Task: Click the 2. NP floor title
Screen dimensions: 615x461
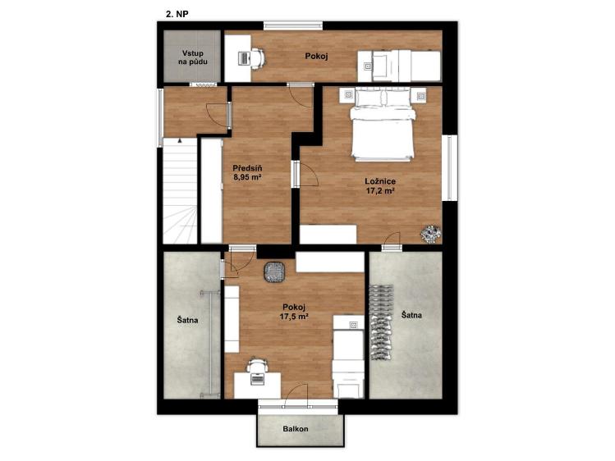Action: [177, 14]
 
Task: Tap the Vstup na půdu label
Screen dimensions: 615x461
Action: [193, 57]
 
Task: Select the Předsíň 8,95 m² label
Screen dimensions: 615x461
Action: [247, 172]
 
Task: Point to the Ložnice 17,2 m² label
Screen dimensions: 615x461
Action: [379, 186]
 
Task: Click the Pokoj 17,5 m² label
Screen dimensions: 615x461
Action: [294, 313]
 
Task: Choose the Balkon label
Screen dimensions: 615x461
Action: [296, 429]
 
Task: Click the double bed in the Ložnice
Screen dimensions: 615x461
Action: [383, 126]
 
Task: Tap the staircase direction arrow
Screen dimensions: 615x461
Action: [180, 139]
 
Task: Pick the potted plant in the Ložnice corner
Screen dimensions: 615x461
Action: [430, 234]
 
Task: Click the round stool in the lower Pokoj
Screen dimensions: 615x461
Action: [274, 272]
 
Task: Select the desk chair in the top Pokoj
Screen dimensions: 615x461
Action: [258, 59]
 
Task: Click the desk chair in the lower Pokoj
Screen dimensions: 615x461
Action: [257, 366]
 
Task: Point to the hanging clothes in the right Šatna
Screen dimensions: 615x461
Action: [380, 322]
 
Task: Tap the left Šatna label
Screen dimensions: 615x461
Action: [187, 320]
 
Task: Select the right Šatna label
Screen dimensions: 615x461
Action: [411, 315]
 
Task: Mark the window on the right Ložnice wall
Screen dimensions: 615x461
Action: [449, 167]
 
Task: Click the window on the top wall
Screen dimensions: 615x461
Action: [293, 25]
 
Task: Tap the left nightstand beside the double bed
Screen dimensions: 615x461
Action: [348, 94]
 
